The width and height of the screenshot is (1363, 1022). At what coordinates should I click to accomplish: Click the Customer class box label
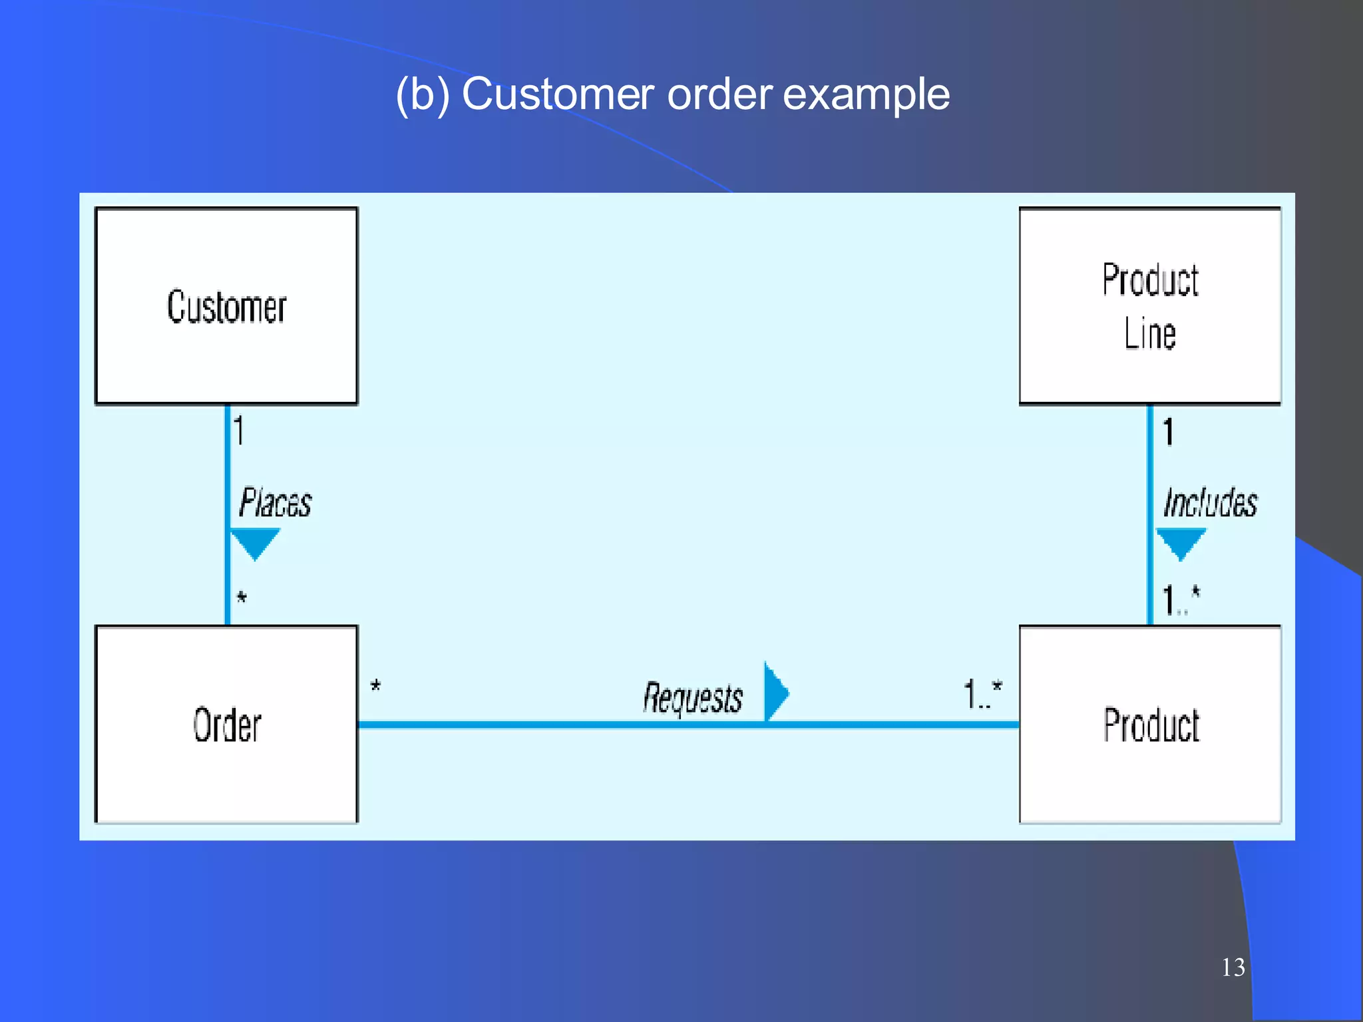coord(226,307)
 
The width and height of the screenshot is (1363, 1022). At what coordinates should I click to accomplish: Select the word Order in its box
coord(227,725)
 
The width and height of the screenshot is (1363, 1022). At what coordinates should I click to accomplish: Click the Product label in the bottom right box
coord(1151,725)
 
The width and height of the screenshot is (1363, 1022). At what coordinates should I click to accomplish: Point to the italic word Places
coord(275,502)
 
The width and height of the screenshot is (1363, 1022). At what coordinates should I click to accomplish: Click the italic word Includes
coord(1210,502)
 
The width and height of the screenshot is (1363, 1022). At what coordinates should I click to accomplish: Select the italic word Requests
coord(692,698)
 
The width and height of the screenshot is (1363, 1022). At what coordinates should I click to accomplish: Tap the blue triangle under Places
coord(254,542)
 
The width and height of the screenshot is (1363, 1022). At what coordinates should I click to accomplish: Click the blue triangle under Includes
coord(1181,542)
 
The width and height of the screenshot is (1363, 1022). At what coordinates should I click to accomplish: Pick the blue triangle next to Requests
coord(775,693)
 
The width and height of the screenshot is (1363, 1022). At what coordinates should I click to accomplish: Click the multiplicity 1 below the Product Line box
coord(1168,431)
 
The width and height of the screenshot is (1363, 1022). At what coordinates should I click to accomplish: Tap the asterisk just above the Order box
coord(242,597)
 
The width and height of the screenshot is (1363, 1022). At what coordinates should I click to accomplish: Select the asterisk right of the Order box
coord(375,686)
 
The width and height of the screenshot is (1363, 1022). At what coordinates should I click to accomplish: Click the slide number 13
coord(1233,967)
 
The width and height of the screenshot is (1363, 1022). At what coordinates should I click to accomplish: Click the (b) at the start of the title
coord(422,94)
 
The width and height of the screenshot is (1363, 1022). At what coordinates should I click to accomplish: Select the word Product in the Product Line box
coord(1150,279)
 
